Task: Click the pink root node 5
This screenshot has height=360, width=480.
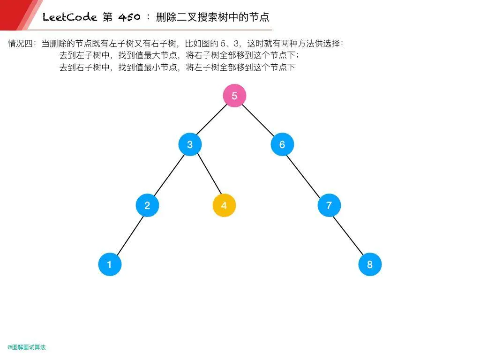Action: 234,96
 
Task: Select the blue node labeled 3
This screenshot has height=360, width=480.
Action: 190,144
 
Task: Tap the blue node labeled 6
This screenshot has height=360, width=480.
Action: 282,144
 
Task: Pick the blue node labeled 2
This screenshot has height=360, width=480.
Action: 147,205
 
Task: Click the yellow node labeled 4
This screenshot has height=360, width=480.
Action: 224,205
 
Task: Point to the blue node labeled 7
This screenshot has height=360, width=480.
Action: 329,205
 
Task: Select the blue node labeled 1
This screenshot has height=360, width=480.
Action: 110,264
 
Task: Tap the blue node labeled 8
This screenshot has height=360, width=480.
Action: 370,264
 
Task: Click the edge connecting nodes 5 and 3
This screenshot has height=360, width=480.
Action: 212,120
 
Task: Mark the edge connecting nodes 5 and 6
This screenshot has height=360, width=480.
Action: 258,120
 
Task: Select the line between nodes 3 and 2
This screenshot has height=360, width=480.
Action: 169,175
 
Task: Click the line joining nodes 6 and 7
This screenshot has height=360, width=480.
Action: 306,175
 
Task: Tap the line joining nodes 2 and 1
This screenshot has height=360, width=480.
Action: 128,235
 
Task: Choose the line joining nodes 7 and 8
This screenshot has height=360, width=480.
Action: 349,235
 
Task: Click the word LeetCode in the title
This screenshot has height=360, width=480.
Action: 70,18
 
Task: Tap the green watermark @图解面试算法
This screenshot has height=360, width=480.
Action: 27,347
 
